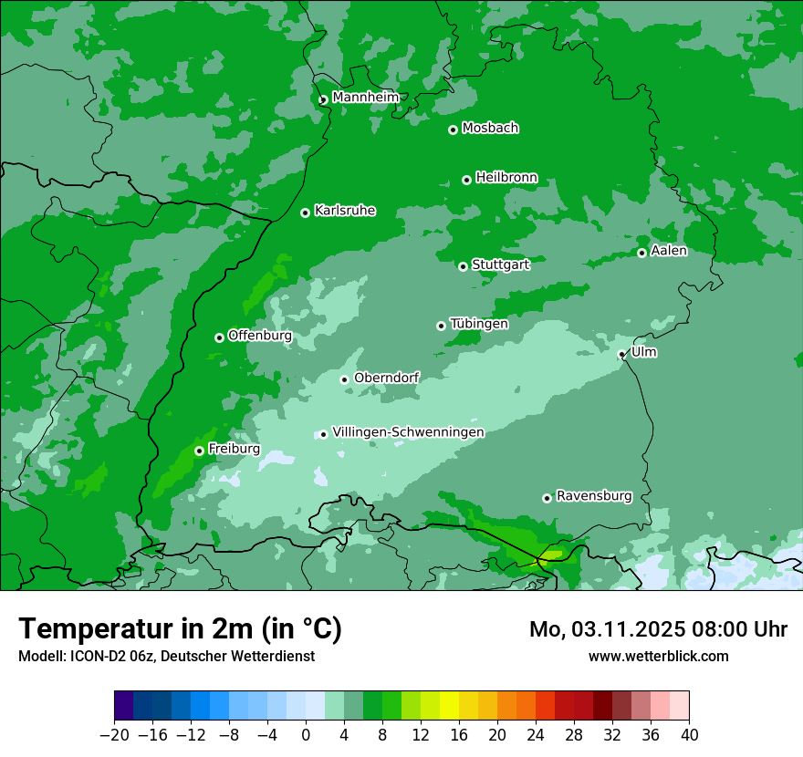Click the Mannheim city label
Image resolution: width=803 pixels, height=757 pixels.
click(365, 98)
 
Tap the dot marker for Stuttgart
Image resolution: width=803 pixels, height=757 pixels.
click(463, 266)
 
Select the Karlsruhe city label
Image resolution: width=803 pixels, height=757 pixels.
click(345, 211)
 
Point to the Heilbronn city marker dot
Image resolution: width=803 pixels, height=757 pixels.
click(466, 180)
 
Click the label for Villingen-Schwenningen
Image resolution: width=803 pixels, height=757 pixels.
click(408, 432)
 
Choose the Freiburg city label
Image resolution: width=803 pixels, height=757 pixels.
click(234, 449)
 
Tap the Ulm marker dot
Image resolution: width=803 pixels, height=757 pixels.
click(621, 355)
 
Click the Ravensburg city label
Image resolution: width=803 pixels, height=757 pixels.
click(594, 496)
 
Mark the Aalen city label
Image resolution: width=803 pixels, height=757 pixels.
click(669, 251)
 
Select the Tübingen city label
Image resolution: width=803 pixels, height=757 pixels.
click(479, 324)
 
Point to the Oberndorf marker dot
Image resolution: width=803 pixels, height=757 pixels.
click(344, 379)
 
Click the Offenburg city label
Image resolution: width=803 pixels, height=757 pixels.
click(260, 336)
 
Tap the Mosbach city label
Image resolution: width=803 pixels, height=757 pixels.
click(490, 129)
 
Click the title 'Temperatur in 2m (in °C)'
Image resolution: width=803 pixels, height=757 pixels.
click(180, 628)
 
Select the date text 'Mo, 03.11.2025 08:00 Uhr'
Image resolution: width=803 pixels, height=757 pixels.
click(658, 629)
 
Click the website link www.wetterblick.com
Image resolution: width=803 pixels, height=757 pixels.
click(658, 656)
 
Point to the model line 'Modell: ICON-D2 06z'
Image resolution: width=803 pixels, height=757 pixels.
click(166, 656)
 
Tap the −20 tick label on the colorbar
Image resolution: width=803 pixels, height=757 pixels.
click(114, 735)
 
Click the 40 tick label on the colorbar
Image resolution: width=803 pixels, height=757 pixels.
click(689, 735)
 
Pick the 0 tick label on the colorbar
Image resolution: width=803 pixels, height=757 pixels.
click(306, 735)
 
